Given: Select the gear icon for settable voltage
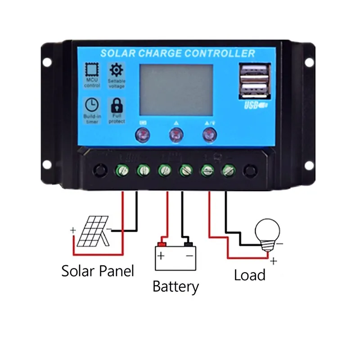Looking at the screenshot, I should tap(116, 70).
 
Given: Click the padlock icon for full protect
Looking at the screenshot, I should tap(116, 106).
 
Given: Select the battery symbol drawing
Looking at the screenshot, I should tap(175, 257).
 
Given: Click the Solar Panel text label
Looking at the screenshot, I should tap(98, 271).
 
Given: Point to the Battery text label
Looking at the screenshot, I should tap(175, 286).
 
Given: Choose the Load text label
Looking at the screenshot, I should tap(249, 274).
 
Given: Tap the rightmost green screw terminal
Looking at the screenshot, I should tap(228, 171).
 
